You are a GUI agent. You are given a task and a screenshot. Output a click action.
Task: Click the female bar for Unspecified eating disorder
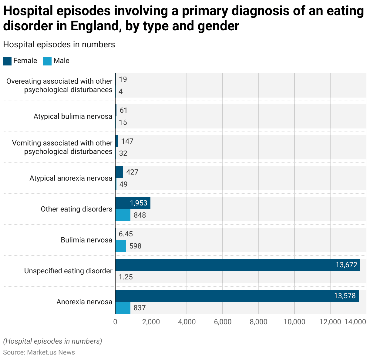point(237,265)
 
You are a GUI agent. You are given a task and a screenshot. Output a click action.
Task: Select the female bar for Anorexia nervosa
point(237,296)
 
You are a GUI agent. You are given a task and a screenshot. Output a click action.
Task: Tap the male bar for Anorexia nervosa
point(123,308)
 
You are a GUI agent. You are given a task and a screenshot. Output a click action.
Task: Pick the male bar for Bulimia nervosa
point(121,246)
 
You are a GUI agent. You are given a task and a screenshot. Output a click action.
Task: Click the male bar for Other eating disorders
point(123,215)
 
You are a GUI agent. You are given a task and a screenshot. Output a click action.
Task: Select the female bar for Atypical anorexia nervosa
point(119,172)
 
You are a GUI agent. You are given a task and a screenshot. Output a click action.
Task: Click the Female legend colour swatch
point(7,61)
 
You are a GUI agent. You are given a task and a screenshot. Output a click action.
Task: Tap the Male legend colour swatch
point(47,61)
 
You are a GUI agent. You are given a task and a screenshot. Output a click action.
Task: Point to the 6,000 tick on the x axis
point(223,322)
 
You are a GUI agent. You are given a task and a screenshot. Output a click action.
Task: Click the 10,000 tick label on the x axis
point(294,322)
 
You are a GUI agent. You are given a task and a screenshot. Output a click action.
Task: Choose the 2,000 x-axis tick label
point(151,322)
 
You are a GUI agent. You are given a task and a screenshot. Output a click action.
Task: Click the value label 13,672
point(346,265)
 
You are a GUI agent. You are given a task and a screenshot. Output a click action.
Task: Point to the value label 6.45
point(126,234)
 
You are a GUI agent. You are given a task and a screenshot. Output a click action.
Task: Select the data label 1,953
point(139,203)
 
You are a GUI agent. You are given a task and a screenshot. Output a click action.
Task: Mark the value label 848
point(140,215)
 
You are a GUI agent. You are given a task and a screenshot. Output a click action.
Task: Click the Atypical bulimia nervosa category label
point(73,116)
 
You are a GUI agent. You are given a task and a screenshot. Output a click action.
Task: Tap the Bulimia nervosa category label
point(86,240)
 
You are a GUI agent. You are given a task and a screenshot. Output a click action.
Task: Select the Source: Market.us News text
point(39,352)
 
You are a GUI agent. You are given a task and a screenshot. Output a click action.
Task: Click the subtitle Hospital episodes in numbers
point(59,45)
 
